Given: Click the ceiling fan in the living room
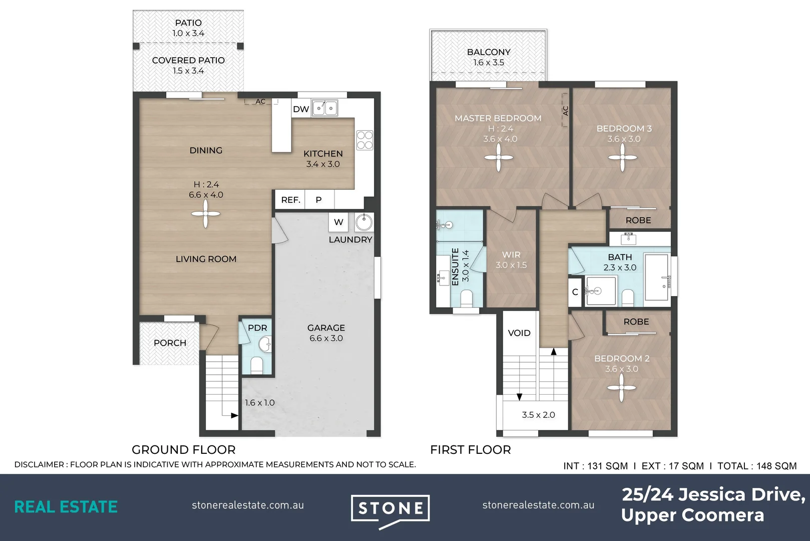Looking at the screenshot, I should pyautogui.click(x=205, y=214).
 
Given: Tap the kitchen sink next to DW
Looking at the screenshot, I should pyautogui.click(x=324, y=108).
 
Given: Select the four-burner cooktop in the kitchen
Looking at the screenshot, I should pyautogui.click(x=364, y=140).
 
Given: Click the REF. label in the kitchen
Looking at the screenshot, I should pyautogui.click(x=290, y=200).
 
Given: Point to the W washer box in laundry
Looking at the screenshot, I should pyautogui.click(x=338, y=222).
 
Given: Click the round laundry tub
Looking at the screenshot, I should pyautogui.click(x=364, y=221).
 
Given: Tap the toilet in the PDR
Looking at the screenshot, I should pyautogui.click(x=257, y=364).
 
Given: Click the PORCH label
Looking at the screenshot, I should pyautogui.click(x=170, y=343).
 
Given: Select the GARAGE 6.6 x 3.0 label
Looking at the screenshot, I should pyautogui.click(x=326, y=333).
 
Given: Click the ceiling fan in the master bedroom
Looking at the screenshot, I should pyautogui.click(x=499, y=158).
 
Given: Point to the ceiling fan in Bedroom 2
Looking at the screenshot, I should pyautogui.click(x=621, y=388).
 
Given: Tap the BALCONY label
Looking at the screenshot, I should pyautogui.click(x=489, y=52).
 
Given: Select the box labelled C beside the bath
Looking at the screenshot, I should pyautogui.click(x=575, y=292).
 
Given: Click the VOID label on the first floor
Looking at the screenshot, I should pyautogui.click(x=519, y=333).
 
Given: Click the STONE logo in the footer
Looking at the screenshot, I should pyautogui.click(x=390, y=509).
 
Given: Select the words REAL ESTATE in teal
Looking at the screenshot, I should pyautogui.click(x=66, y=507).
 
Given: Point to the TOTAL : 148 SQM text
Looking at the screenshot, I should pyautogui.click(x=756, y=466).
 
